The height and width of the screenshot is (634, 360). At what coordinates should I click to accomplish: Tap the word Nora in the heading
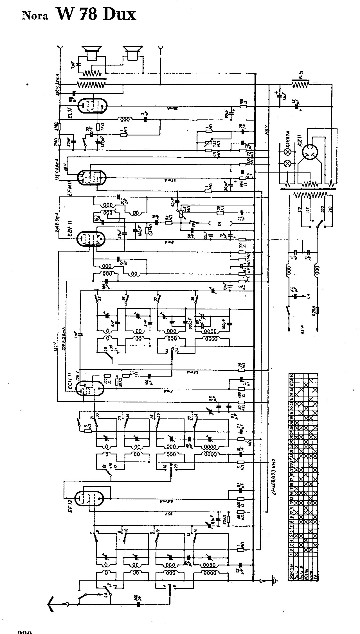(34, 16)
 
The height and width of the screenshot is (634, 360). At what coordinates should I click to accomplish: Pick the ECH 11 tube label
(71, 381)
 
